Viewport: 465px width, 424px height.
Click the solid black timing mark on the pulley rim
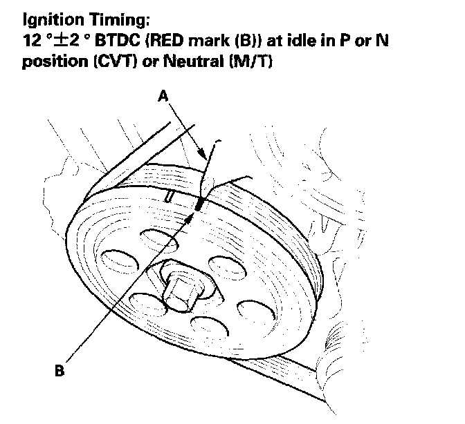199,204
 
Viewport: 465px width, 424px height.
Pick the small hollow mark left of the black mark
170,196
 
